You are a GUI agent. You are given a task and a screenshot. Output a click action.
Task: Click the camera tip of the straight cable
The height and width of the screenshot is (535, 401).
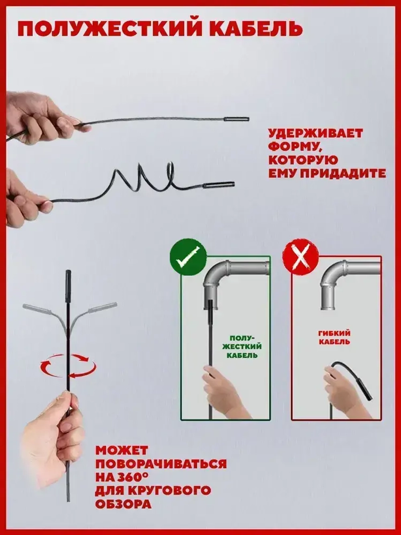pos(236,119)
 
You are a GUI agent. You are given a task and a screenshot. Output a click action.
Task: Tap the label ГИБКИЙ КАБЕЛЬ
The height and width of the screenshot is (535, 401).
pos(334,337)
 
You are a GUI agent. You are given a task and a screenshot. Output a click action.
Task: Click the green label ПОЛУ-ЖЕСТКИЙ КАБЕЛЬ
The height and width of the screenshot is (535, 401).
pos(242,346)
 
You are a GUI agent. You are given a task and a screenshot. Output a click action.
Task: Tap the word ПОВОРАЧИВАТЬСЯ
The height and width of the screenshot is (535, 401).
pos(161,464)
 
